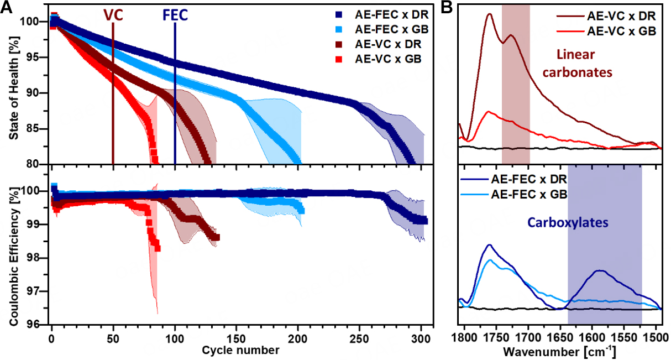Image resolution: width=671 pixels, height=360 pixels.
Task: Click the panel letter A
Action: point(7,7)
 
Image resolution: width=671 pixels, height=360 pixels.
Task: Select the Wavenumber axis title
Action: point(560,351)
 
